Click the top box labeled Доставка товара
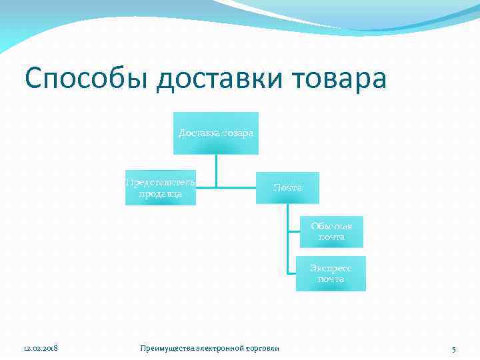(215, 133)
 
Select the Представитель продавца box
(161, 188)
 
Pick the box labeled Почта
(287, 188)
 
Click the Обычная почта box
(331, 231)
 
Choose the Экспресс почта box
(331, 273)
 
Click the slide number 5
(453, 349)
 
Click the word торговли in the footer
(262, 349)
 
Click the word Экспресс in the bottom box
(331, 268)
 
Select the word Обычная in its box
(331, 226)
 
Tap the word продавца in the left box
(161, 194)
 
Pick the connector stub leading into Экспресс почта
(292, 273)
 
